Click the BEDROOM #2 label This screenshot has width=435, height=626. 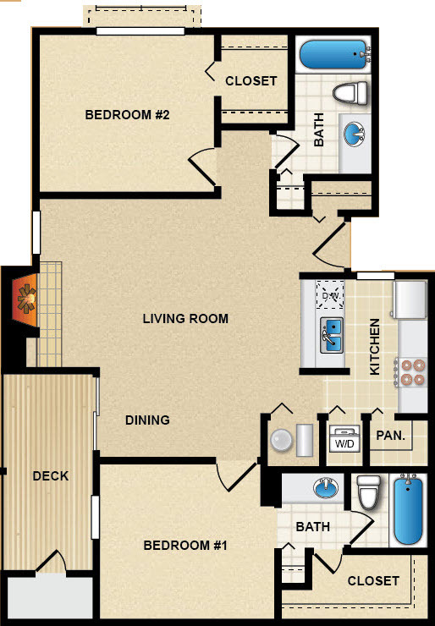coord(127,115)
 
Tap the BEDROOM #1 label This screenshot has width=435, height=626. coord(185,545)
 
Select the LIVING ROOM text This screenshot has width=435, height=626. coord(185,319)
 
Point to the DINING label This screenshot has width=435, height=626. coord(147,420)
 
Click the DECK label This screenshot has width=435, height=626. coord(50,476)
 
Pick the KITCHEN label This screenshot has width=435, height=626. coord(374,347)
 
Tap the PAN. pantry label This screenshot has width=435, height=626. coord(391,435)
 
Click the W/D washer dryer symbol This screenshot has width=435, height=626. coord(344,439)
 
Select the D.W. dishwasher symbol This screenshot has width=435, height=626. coord(330,294)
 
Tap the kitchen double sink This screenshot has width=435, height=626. coord(331,335)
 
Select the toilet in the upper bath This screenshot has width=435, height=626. coord(350,92)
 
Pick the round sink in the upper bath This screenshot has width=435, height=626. coord(354,133)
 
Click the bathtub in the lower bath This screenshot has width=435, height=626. coord(408,509)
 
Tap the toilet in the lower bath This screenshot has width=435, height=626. coord(369,491)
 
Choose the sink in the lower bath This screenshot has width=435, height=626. coord(326,487)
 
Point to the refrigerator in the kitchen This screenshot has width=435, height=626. coord(410,299)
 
